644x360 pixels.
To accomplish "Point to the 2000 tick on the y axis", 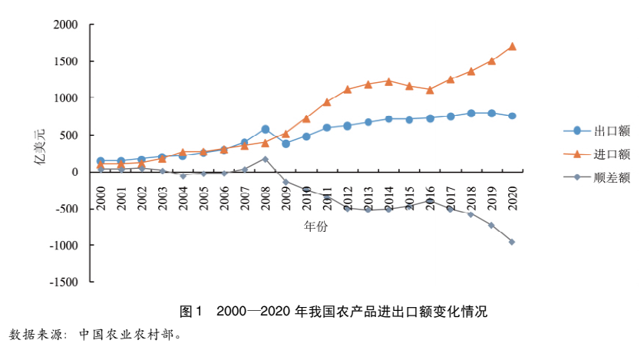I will (x=66, y=25).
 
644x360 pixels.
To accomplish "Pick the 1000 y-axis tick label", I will (x=66, y=98).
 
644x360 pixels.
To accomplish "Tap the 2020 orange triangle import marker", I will (x=512, y=46).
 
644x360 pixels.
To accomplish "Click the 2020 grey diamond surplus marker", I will (x=512, y=242).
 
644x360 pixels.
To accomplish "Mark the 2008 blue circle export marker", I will (x=265, y=129).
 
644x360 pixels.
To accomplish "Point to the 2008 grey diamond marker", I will (x=265, y=159).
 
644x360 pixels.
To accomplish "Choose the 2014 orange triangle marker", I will (x=388, y=81).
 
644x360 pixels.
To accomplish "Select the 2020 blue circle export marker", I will (x=512, y=116).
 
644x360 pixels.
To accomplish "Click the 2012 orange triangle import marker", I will (x=348, y=89).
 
